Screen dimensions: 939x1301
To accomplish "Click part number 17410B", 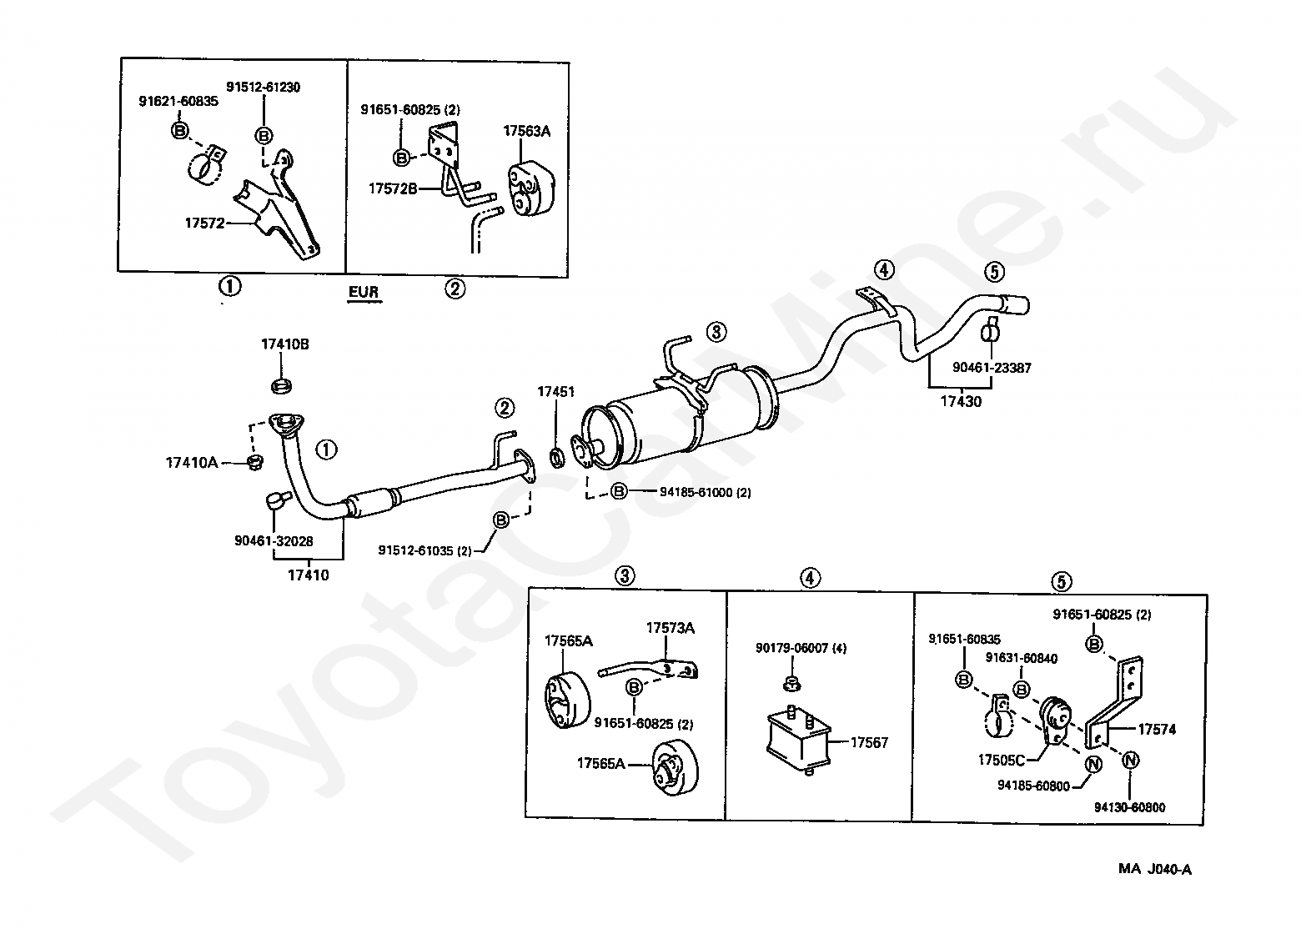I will click(x=284, y=344).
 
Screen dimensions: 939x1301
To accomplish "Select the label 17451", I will click(x=555, y=391).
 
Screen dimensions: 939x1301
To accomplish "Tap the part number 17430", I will click(x=961, y=402).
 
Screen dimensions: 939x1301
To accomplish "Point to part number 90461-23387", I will click(x=992, y=367).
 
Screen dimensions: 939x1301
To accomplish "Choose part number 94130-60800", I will click(x=1130, y=807).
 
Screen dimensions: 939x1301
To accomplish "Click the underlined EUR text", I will click(x=364, y=292).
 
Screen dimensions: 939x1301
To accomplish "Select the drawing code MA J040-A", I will click(x=1155, y=870).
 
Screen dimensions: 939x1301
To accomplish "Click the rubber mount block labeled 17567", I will click(x=798, y=739).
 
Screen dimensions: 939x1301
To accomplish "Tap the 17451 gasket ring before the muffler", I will click(x=555, y=457).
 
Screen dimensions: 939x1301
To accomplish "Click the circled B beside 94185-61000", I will click(x=619, y=491).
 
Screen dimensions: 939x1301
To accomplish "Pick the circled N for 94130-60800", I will click(x=1129, y=761).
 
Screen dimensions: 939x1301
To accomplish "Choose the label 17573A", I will click(x=670, y=628).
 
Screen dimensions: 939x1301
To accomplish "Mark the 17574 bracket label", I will click(x=1157, y=729).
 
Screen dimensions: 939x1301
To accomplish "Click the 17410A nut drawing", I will click(x=256, y=461).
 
